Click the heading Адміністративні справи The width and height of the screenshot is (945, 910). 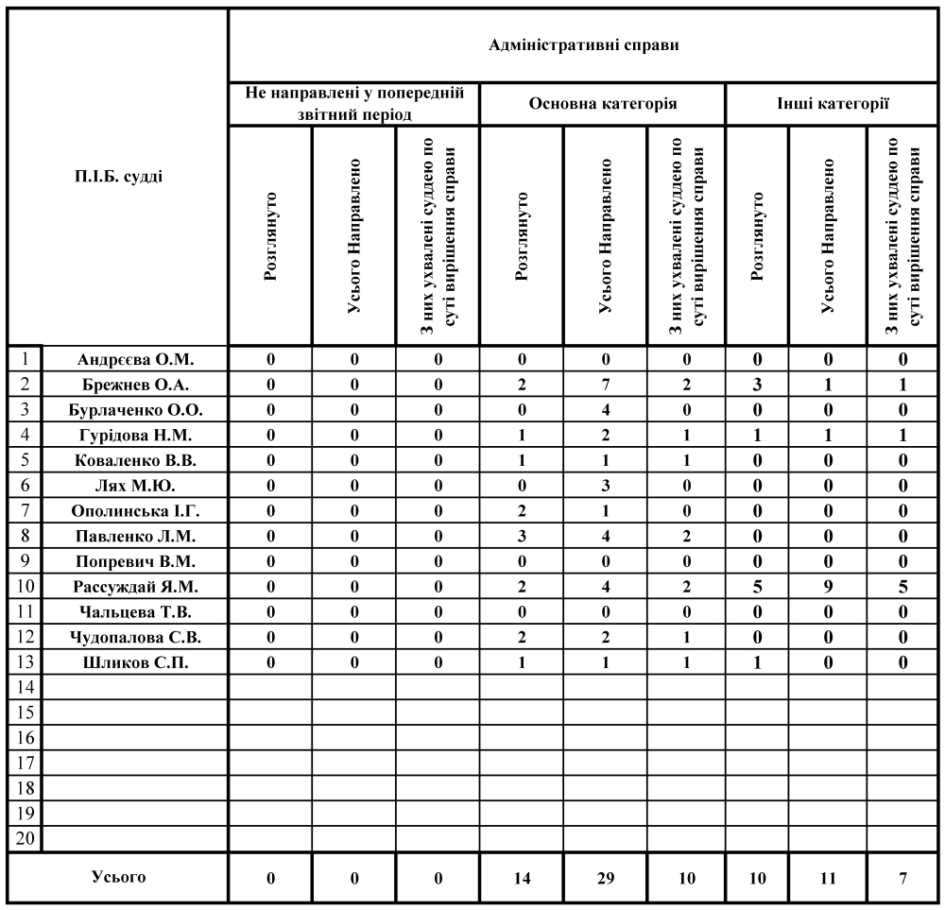tap(585, 45)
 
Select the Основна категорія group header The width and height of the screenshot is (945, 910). tap(602, 104)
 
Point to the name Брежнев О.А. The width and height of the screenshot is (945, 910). tap(136, 384)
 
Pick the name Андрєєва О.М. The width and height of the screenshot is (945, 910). tap(136, 358)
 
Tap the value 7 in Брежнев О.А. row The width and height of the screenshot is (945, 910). tap(605, 384)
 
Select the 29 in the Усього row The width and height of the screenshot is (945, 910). tap(605, 878)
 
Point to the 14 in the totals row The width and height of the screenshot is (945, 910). tap(522, 878)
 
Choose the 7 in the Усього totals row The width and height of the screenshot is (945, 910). tap(903, 878)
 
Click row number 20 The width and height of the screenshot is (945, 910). tap(26, 836)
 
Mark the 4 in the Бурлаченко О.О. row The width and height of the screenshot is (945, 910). tap(605, 409)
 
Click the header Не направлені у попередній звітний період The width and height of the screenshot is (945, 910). tap(354, 104)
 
